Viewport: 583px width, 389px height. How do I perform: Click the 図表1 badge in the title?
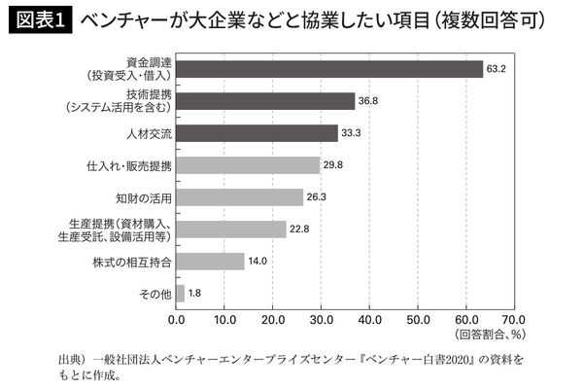pyautogui.click(x=40, y=19)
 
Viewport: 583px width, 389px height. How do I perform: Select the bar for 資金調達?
pyautogui.click(x=329, y=68)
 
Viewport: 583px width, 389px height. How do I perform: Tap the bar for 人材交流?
pyautogui.click(x=257, y=132)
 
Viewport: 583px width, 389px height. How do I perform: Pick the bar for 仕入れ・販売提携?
pyautogui.click(x=248, y=165)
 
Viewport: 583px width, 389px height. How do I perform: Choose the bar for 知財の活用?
pyautogui.click(x=240, y=197)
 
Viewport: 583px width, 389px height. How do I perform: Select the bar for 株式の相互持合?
pyautogui.click(x=210, y=261)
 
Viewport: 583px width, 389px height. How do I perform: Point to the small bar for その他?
pyautogui.click(x=180, y=293)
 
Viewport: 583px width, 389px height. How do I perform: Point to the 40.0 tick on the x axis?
pyautogui.click(x=369, y=318)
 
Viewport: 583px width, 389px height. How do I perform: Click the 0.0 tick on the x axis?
pyautogui.click(x=177, y=318)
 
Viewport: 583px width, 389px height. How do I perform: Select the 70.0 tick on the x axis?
pyautogui.click(x=513, y=318)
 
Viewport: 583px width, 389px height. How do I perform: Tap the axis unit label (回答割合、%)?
pyautogui.click(x=491, y=334)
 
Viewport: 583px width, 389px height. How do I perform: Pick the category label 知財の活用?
pyautogui.click(x=144, y=197)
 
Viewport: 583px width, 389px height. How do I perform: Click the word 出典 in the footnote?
pyautogui.click(x=72, y=360)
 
